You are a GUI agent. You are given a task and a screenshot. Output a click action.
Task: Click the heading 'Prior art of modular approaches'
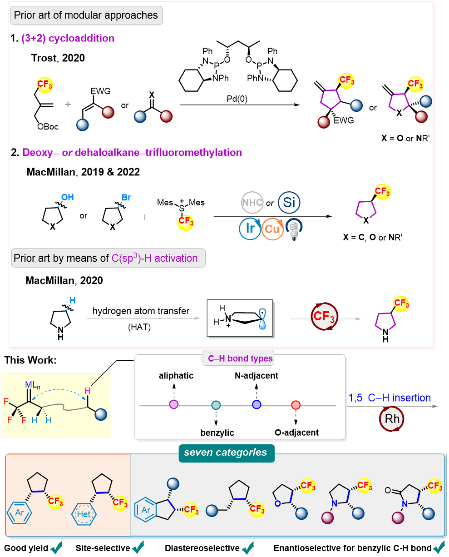(x=86, y=15)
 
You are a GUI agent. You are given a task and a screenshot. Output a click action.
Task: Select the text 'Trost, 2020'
(x=58, y=58)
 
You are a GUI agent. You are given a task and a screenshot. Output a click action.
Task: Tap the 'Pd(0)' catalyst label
(x=241, y=98)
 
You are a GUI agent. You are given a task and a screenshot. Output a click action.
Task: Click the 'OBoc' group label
(x=47, y=127)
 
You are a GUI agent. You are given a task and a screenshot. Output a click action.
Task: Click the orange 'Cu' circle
(x=272, y=229)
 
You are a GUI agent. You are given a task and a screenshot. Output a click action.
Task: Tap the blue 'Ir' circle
(x=249, y=229)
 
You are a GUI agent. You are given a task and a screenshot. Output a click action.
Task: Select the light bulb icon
(x=294, y=229)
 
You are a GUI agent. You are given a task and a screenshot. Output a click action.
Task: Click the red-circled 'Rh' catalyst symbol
(x=392, y=418)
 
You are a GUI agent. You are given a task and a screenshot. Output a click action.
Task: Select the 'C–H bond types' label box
(x=240, y=359)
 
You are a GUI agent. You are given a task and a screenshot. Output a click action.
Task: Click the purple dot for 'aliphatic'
(x=173, y=405)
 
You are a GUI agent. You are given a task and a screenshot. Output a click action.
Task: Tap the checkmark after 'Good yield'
(x=57, y=548)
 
